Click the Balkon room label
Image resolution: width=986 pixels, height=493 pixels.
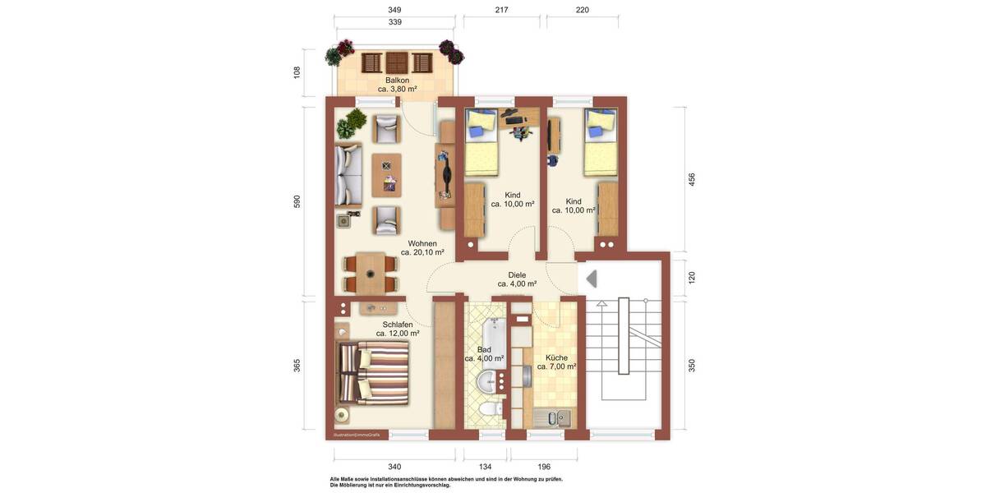[398, 81]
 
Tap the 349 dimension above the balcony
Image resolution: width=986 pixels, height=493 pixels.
[394, 11]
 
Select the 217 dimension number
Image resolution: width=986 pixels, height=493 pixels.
[501, 11]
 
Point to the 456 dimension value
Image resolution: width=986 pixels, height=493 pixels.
[692, 178]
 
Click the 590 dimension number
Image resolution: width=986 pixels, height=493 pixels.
[297, 202]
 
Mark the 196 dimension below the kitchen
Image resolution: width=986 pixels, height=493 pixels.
[543, 467]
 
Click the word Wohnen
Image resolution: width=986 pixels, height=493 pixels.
[422, 243]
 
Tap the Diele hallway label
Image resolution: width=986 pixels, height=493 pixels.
[517, 275]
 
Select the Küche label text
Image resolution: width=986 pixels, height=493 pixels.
[556, 357]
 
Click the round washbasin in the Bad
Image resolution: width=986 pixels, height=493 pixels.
[490, 380]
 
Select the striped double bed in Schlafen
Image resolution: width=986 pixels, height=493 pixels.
[374, 373]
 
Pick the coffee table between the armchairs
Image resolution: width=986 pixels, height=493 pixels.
[387, 174]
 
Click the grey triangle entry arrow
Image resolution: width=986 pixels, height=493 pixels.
[591, 279]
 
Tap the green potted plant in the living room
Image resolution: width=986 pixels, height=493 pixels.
[352, 122]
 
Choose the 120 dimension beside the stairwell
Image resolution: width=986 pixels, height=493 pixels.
[692, 278]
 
